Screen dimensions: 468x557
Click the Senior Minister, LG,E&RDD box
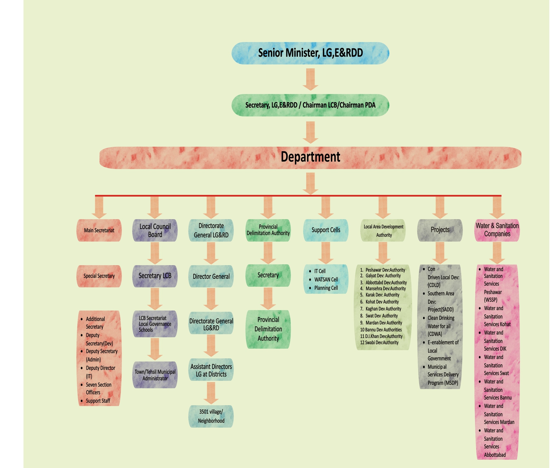[x=310, y=53]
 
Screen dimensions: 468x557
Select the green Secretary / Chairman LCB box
[x=310, y=105]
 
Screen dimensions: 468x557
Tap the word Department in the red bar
[x=310, y=157]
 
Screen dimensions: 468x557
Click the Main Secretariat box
[x=99, y=230]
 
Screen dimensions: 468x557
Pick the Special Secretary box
[x=99, y=276]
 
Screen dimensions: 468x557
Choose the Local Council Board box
[x=155, y=230]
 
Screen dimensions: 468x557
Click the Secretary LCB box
[x=155, y=276]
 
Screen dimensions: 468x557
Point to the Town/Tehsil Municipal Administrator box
[x=155, y=375]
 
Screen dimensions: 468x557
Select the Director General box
[x=211, y=277]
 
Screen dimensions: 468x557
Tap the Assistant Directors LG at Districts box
[x=211, y=370]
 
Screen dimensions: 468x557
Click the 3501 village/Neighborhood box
[x=211, y=416]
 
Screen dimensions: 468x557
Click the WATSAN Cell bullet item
[x=326, y=279]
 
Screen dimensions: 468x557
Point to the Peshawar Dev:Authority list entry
[x=385, y=270]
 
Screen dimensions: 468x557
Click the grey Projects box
[x=440, y=230]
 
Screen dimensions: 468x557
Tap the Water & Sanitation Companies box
[x=497, y=230]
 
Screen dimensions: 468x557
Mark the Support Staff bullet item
[x=98, y=401]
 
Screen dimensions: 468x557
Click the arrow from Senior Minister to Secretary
[x=310, y=79]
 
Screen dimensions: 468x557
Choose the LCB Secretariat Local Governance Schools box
[x=155, y=324]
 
